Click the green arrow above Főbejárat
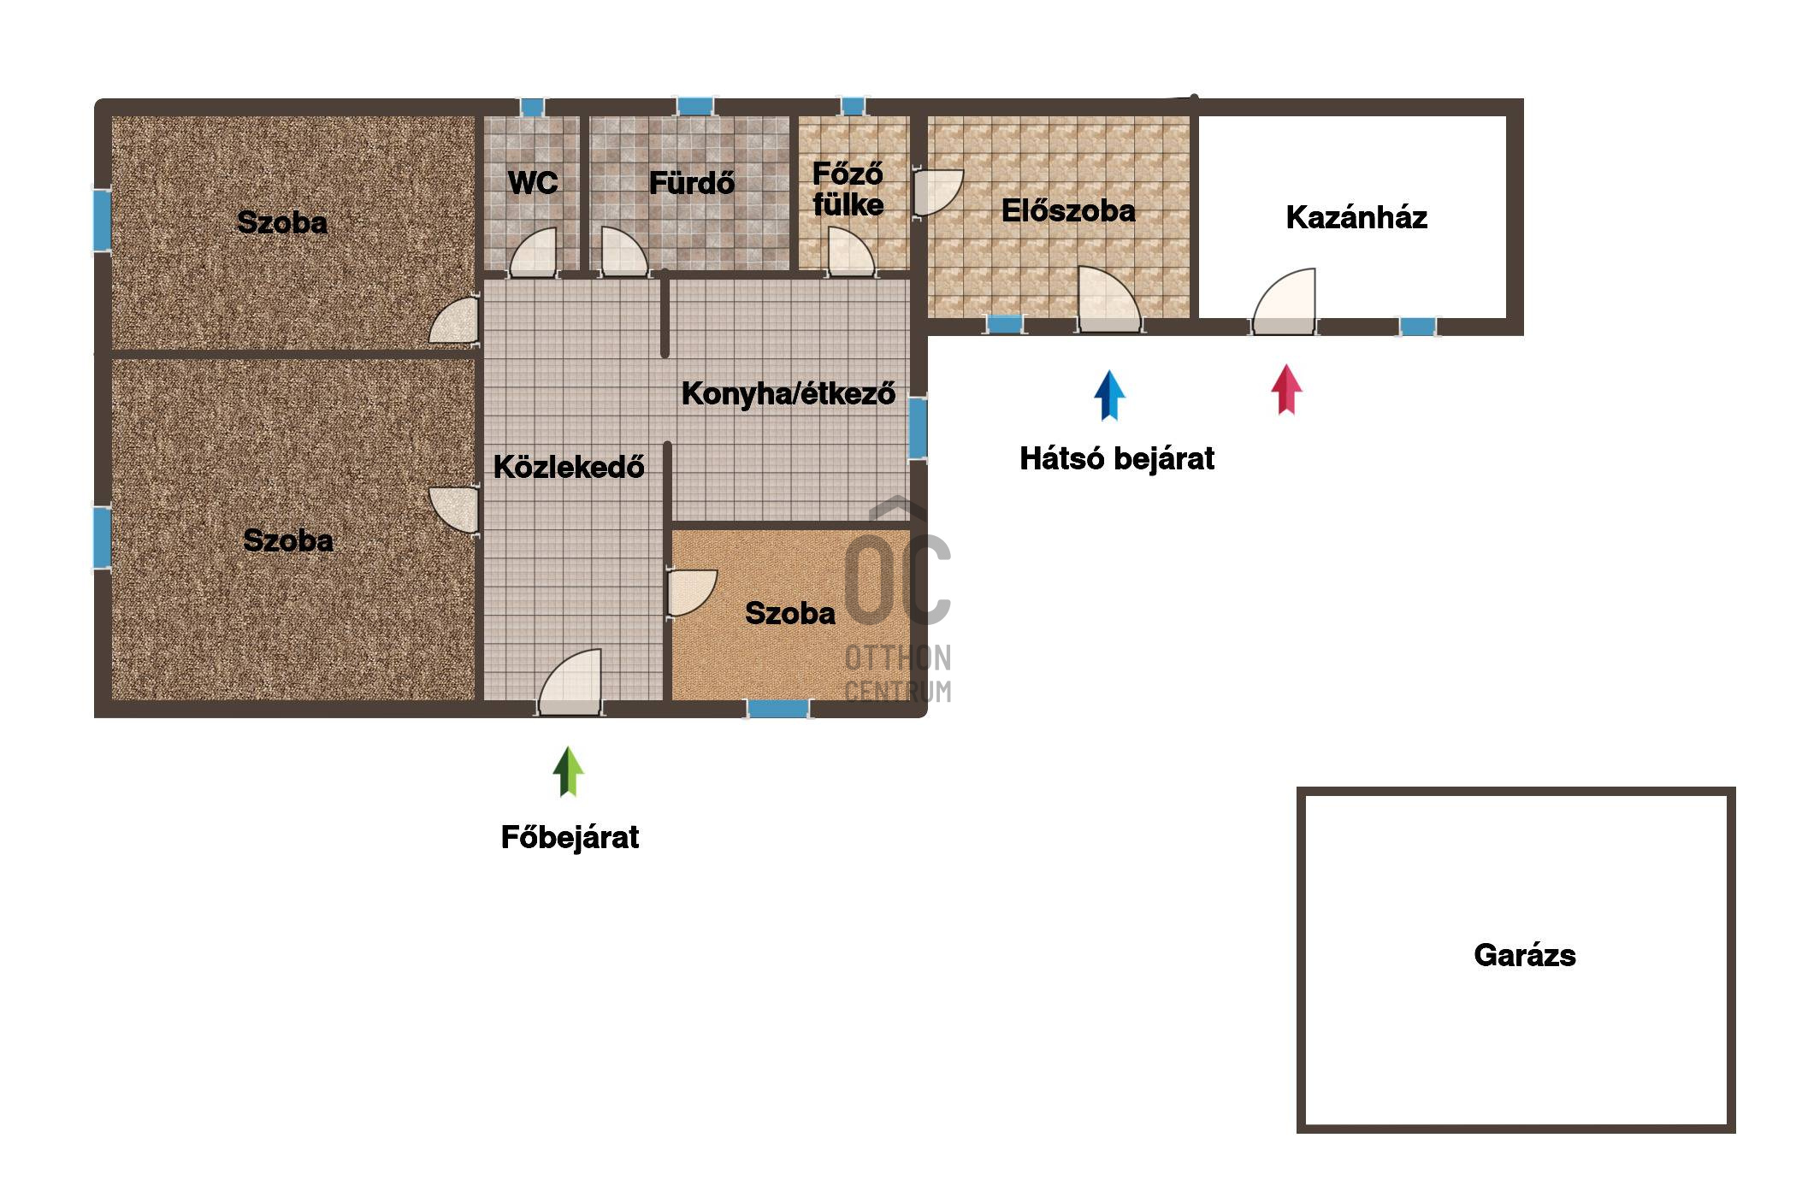(568, 771)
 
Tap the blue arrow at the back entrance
(1109, 395)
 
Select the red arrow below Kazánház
(1286, 389)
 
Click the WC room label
(533, 182)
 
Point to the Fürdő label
(691, 182)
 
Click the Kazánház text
(1356, 217)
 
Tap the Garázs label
(1525, 955)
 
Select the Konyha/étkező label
(788, 393)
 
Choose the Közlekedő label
(569, 467)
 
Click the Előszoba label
(1068, 210)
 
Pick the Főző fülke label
(848, 189)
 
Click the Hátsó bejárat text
(1117, 459)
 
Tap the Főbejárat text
(570, 837)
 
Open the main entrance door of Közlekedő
(570, 682)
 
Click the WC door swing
(533, 252)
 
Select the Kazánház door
(1284, 301)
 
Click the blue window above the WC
(532, 107)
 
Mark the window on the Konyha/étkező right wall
(918, 427)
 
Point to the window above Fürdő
(695, 106)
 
